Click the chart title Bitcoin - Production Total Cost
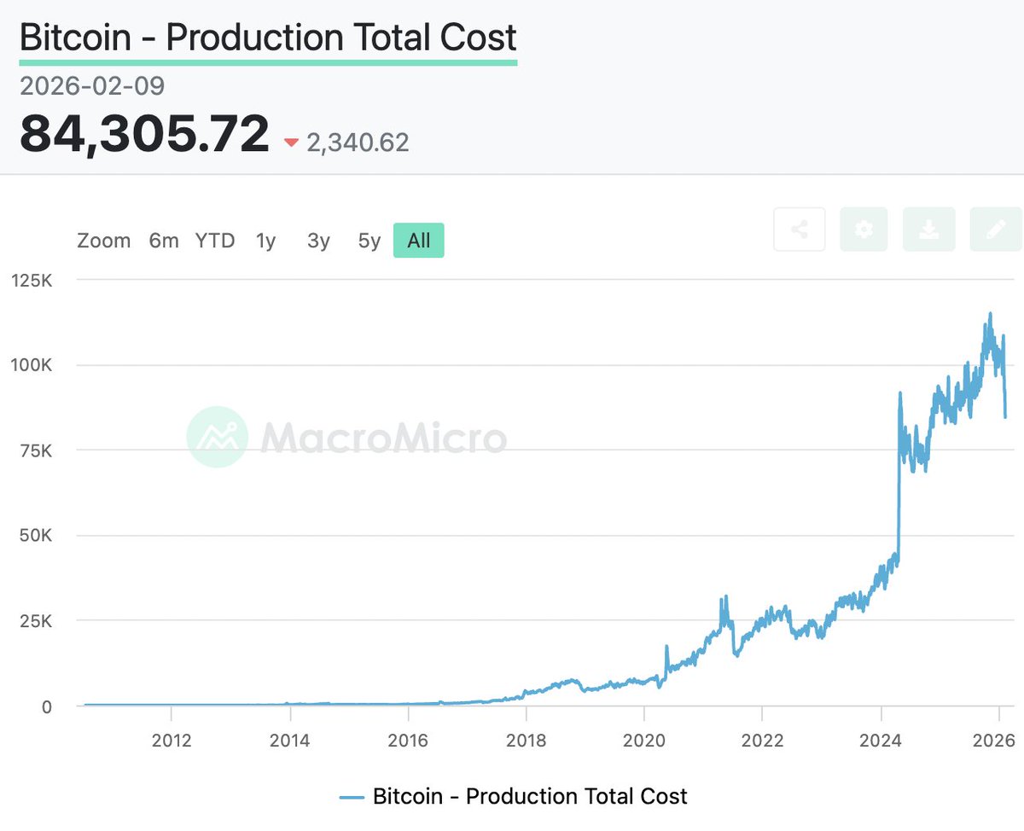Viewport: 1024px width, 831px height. click(268, 38)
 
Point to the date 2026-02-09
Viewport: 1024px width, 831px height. click(92, 86)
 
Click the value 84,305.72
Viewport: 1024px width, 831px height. click(144, 135)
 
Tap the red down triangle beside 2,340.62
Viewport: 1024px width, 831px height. click(291, 143)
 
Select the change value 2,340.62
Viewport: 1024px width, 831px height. click(358, 142)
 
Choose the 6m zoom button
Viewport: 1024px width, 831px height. click(164, 241)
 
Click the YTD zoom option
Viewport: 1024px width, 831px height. click(215, 241)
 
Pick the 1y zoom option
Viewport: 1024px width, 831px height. click(266, 241)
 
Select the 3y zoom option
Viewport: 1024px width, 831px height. click(318, 241)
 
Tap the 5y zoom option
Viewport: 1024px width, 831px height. click(369, 241)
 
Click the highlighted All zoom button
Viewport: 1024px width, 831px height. click(418, 241)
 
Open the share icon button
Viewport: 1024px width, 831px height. click(800, 230)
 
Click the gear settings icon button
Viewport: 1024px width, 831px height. click(864, 230)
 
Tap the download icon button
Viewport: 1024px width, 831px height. click(928, 230)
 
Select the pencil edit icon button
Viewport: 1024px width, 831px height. click(995, 230)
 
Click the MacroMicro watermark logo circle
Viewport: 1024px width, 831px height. click(218, 437)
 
